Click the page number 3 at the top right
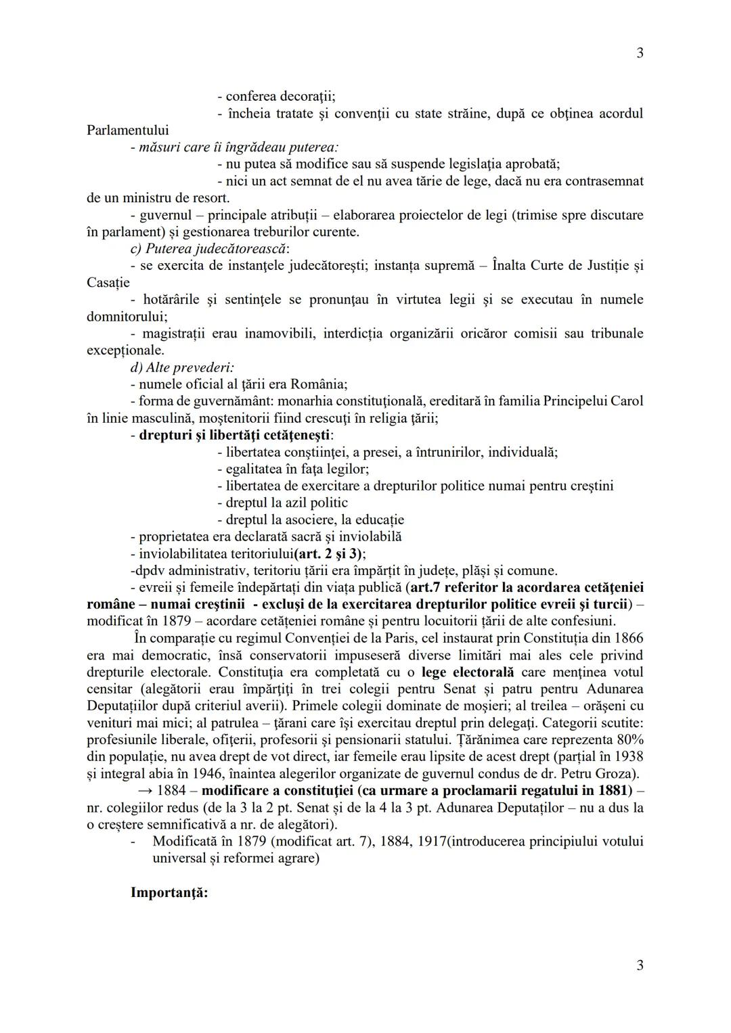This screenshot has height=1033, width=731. (640, 53)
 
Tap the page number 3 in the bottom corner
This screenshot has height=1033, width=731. (640, 965)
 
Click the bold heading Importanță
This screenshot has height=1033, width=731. (169, 892)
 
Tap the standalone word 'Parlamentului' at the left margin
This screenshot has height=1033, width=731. (128, 130)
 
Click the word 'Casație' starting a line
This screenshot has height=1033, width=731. (108, 282)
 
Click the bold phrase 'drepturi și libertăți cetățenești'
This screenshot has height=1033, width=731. (236, 435)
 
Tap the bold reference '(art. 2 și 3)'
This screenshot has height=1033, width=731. (330, 553)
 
